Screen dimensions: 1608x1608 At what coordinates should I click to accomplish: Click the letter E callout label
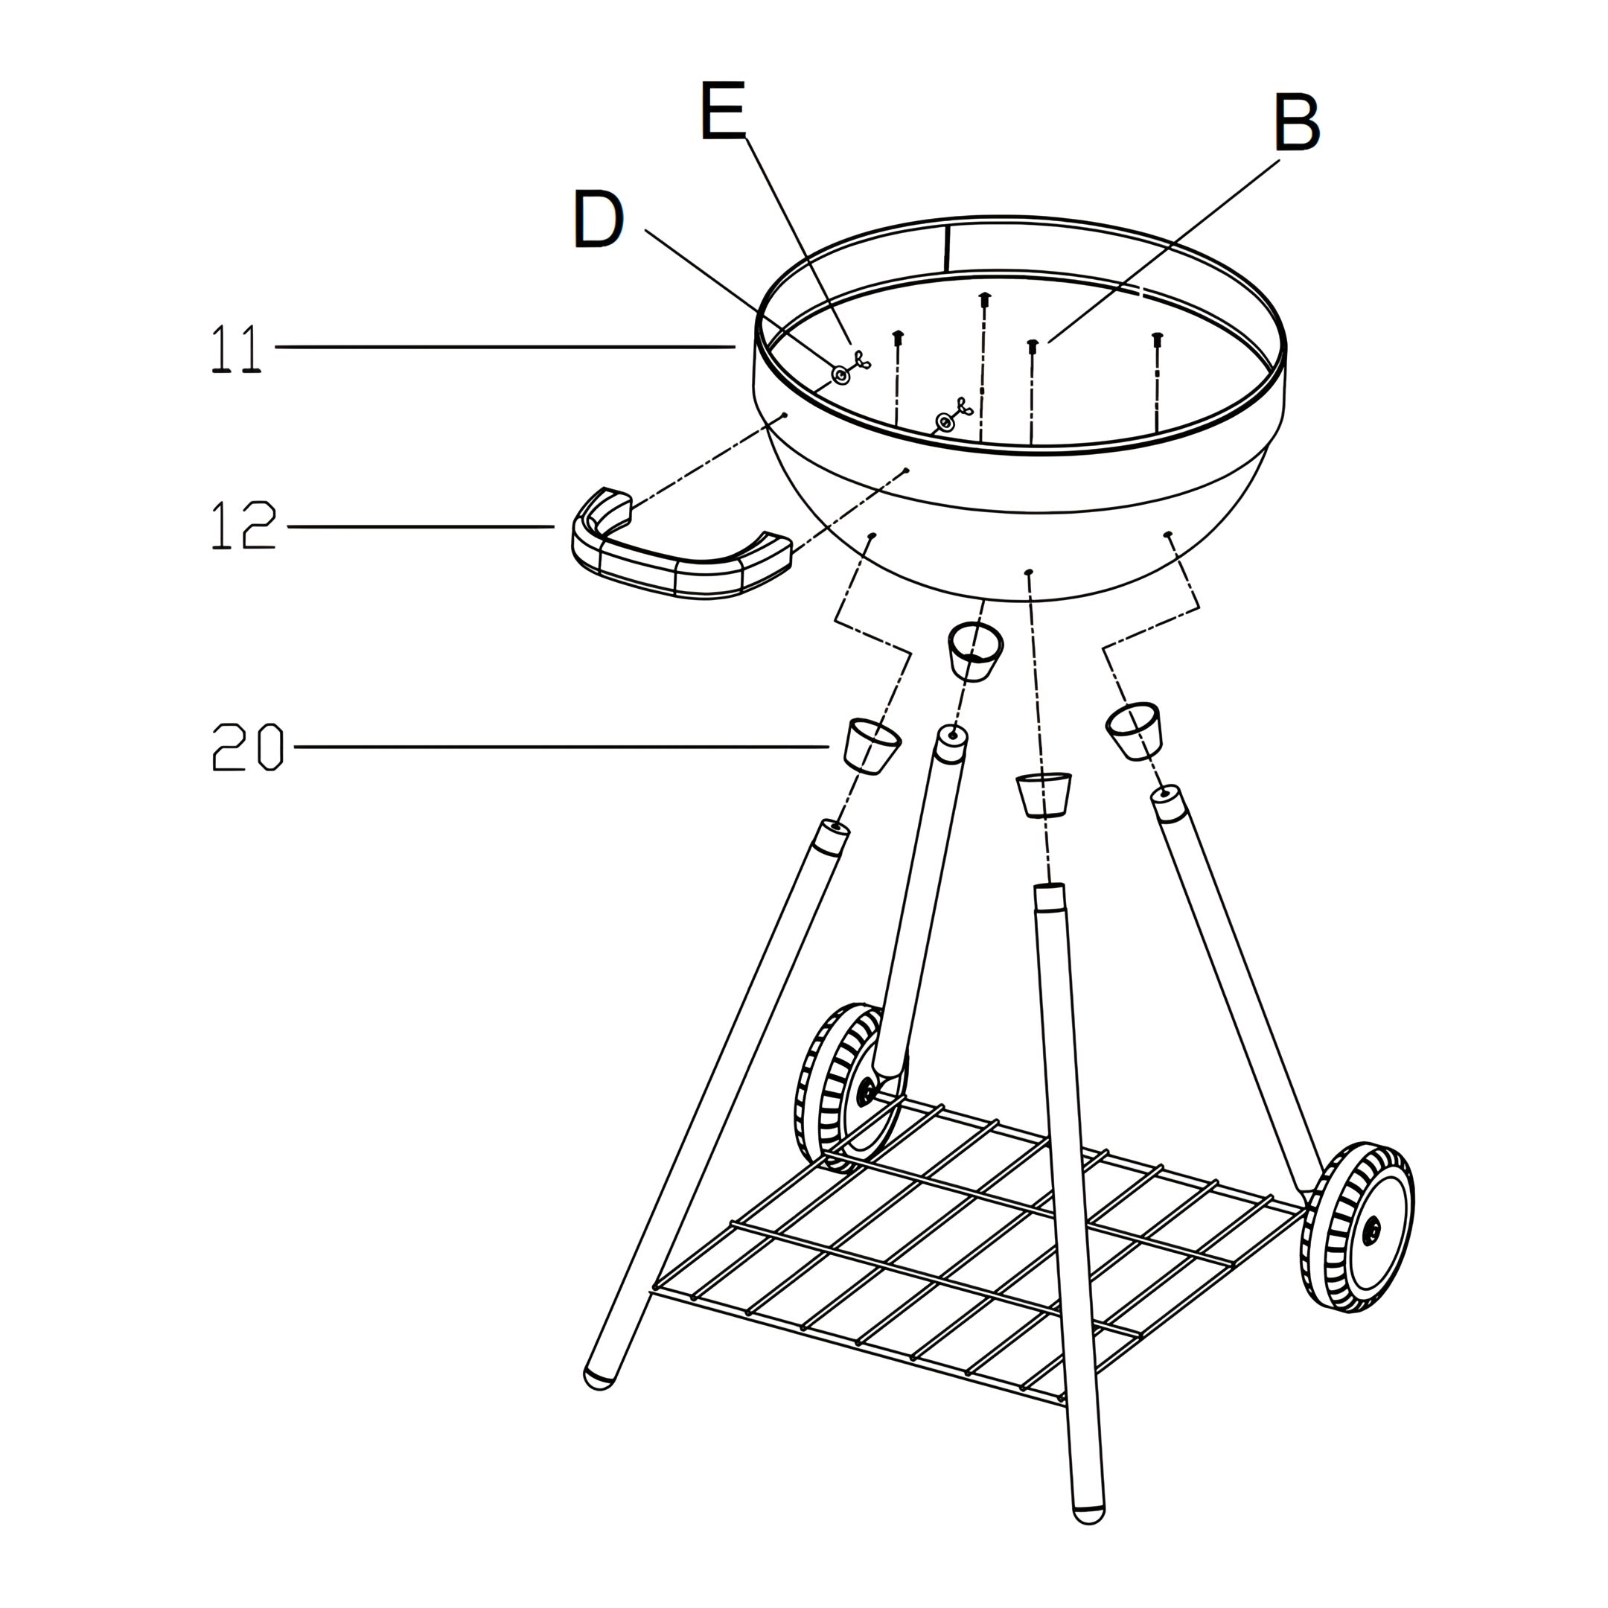722,111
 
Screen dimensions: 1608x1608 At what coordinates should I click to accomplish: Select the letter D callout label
599,220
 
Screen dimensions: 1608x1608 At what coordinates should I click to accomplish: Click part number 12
243,525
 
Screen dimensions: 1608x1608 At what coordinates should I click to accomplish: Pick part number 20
248,747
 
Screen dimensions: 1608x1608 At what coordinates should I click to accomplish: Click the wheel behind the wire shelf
849,1086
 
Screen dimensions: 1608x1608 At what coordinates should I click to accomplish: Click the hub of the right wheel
1370,1229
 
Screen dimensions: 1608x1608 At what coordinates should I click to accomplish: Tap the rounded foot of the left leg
599,1378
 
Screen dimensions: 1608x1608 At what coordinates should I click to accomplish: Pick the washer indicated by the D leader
840,376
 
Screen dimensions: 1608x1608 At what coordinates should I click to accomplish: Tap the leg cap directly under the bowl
975,651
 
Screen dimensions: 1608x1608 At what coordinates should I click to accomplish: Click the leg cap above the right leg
1134,730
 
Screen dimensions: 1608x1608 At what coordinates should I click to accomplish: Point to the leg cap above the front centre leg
1044,795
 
